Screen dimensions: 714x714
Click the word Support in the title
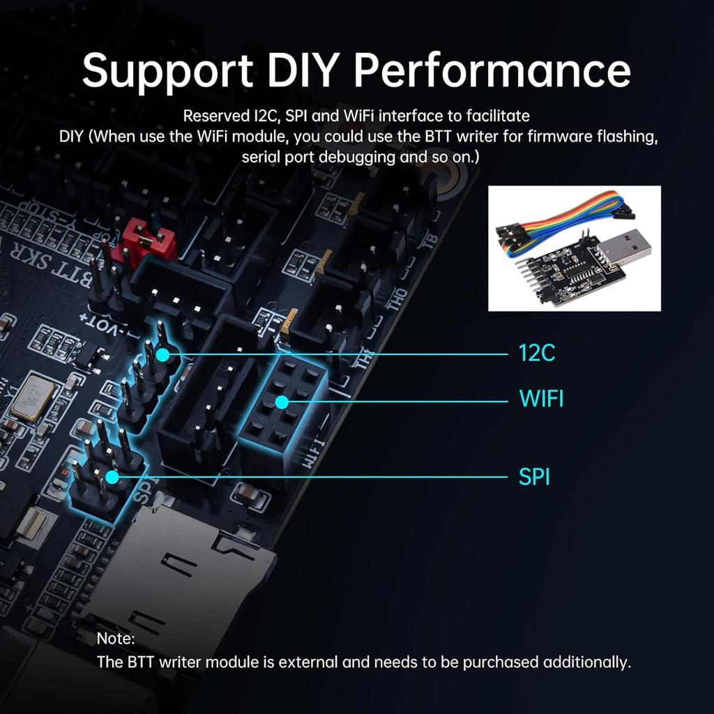167,70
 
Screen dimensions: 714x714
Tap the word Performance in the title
492,70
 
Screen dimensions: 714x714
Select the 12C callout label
537,354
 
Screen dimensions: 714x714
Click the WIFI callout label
541,400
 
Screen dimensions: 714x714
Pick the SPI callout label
534,478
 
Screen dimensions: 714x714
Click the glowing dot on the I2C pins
162,355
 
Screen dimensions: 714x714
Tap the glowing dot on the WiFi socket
281,402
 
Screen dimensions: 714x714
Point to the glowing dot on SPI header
112,478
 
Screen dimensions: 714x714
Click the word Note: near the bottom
116,638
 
